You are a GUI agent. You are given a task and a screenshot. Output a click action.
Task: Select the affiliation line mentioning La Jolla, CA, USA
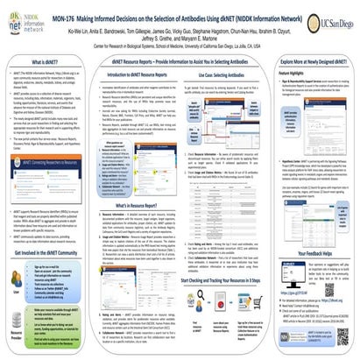coord(180,46)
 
